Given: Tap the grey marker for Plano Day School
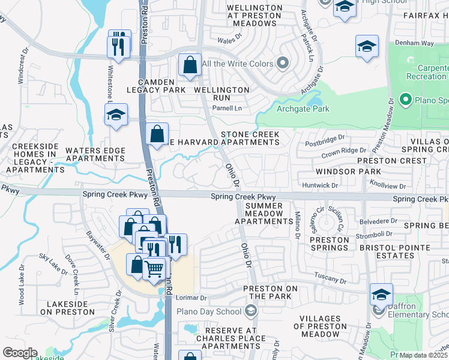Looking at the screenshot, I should click(251, 310).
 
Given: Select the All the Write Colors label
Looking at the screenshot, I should click(237, 64).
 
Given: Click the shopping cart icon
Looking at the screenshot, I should click(155, 269).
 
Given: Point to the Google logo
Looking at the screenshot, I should click(19, 353).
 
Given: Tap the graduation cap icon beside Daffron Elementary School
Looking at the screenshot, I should click(381, 294).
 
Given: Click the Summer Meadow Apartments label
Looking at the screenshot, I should click(263, 214).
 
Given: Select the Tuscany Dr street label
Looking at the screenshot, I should click(331, 280).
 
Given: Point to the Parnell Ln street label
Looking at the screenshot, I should click(229, 108).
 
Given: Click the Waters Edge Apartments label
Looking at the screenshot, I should click(95, 154).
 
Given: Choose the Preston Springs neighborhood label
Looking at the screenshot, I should click(329, 243).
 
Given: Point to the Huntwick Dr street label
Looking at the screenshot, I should click(321, 186).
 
